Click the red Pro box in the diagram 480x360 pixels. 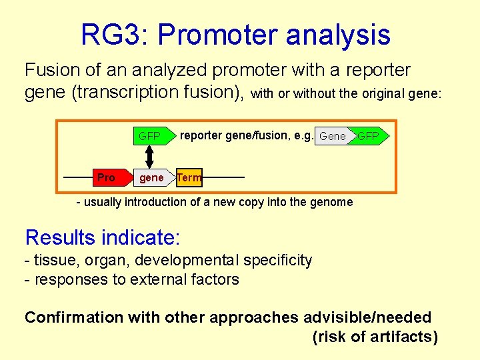[107, 177]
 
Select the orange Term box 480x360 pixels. [189, 177]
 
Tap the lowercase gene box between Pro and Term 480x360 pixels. [151, 177]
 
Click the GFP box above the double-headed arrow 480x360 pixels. [150, 137]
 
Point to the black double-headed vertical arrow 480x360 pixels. [150, 157]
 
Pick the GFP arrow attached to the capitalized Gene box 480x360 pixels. [368, 137]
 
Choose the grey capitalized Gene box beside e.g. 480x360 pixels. [332, 137]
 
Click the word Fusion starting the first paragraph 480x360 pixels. [53, 70]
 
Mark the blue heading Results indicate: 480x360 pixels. [103, 237]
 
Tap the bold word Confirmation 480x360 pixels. [74, 318]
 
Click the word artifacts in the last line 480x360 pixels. [401, 337]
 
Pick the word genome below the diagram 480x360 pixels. [330, 202]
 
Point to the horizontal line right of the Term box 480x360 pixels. [223, 177]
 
